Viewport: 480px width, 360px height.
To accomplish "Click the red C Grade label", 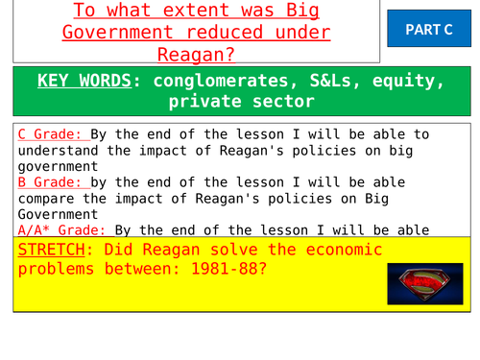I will click(x=46, y=134).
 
